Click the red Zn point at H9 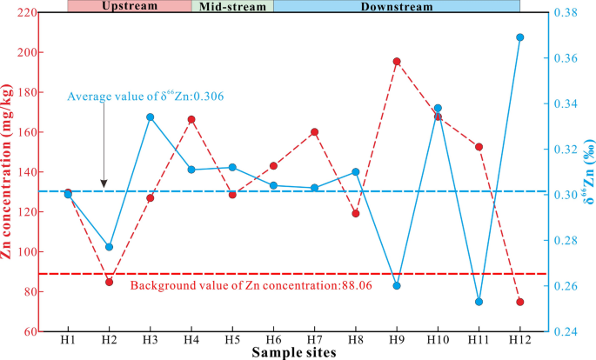(x=397, y=62)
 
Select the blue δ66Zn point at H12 (x=520, y=37)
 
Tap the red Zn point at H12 (x=520, y=302)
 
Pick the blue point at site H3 (x=151, y=117)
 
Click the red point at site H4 (x=191, y=119)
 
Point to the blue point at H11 (x=479, y=302)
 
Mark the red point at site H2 (x=110, y=282)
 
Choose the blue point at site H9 (x=397, y=285)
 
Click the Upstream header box (x=130, y=5)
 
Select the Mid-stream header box (x=232, y=5)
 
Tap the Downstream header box (x=397, y=5)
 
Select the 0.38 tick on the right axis (x=563, y=13)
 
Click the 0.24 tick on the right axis (x=563, y=331)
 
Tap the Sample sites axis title (x=293, y=353)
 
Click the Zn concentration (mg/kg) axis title (x=10, y=172)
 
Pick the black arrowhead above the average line (x=104, y=183)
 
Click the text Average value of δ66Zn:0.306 (x=146, y=96)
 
